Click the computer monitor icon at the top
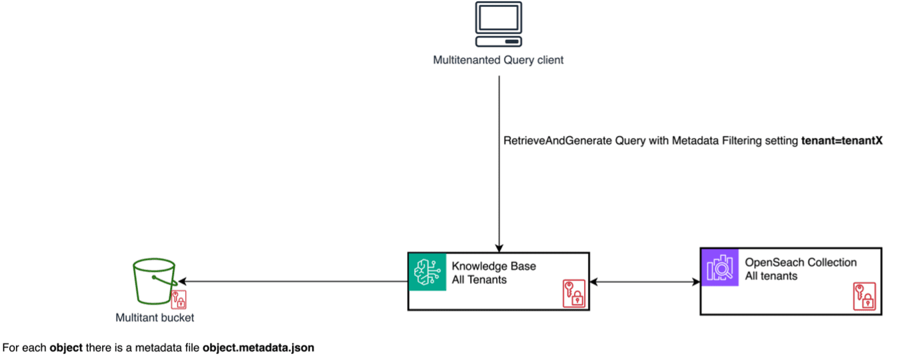499,25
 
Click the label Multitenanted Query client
498,60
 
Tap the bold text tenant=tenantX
842,142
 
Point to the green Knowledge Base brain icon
426,272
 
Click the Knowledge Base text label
493,266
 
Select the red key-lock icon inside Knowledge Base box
573,294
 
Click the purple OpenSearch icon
719,267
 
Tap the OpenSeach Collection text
800,262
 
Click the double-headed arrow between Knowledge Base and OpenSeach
645,282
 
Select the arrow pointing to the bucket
293,281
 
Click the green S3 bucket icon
153,281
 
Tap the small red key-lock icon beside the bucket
179,299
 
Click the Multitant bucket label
155,318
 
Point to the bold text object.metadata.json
258,348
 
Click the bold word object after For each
66,348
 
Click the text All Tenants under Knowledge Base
479,280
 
